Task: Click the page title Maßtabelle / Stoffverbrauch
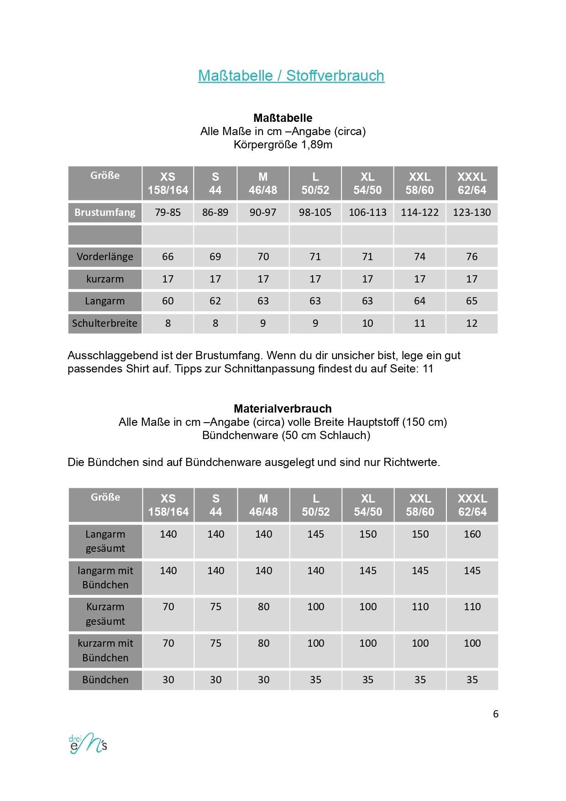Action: pos(291,76)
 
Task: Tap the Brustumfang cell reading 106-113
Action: pos(367,212)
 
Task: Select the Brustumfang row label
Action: pos(105,212)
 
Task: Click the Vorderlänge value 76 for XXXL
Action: pos(472,257)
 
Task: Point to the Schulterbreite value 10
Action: pos(367,323)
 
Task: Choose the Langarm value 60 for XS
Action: pos(168,301)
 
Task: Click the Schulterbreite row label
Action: pos(105,323)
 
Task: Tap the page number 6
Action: pos(496,714)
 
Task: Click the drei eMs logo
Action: pos(88,743)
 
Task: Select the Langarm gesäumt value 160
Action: pos(472,534)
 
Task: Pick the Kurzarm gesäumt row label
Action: pos(105,614)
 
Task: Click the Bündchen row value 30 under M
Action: pos(263,680)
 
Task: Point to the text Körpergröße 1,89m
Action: pos(283,145)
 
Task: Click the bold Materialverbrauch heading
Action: pos(283,408)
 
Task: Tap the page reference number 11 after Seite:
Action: pos(428,369)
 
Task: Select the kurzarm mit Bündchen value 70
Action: pos(168,643)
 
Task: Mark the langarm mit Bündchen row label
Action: pos(105,577)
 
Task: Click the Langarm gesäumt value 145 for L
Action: pos(315,534)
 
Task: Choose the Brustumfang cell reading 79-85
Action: pos(168,212)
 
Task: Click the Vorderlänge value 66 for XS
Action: pos(168,257)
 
